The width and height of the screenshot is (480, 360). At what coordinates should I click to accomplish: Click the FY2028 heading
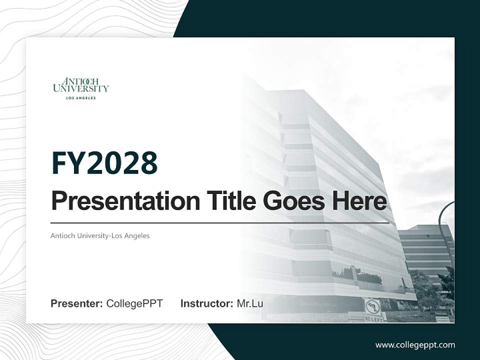point(104,163)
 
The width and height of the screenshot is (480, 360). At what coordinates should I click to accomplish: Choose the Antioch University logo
point(80,85)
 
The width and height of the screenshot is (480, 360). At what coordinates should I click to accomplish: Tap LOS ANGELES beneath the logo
point(80,98)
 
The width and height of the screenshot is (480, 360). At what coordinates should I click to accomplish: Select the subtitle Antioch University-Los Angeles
point(100,235)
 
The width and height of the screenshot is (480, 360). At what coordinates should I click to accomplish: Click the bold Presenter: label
point(77,303)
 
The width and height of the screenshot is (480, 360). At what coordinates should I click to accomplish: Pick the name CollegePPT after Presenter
point(134,303)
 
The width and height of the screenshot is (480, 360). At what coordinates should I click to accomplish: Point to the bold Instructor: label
point(206,303)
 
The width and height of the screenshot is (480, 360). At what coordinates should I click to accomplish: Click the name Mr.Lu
point(250,303)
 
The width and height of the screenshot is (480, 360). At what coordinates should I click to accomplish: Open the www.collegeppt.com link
point(415,345)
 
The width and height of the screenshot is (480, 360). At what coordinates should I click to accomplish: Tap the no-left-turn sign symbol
point(372,305)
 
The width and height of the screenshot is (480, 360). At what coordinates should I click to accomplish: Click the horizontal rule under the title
point(220,223)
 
